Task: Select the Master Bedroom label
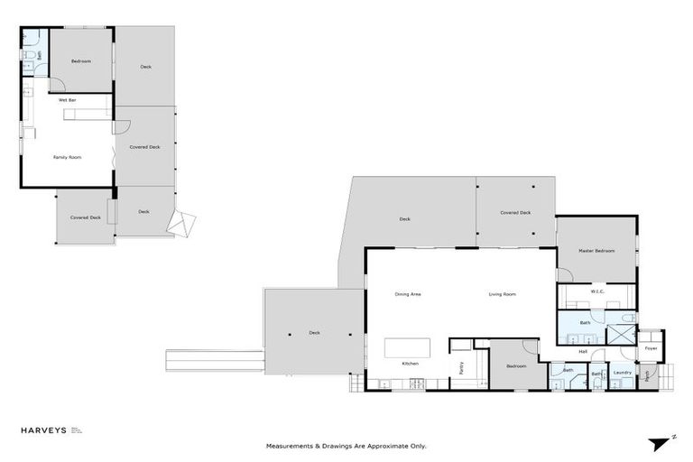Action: coord(596,250)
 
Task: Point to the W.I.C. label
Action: coord(596,291)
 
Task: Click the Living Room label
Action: coord(502,294)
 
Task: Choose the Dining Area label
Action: coord(408,294)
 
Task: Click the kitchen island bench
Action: coord(407,347)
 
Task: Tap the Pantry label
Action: coord(460,367)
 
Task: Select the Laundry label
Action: coord(623,372)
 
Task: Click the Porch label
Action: coord(647,373)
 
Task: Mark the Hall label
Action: coord(583,351)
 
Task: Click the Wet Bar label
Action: coord(67,99)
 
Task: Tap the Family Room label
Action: coord(67,157)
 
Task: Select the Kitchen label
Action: coord(411,363)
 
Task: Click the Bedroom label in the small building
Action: coord(81,60)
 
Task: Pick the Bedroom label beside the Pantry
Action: coord(516,365)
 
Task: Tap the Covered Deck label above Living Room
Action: coord(515,213)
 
